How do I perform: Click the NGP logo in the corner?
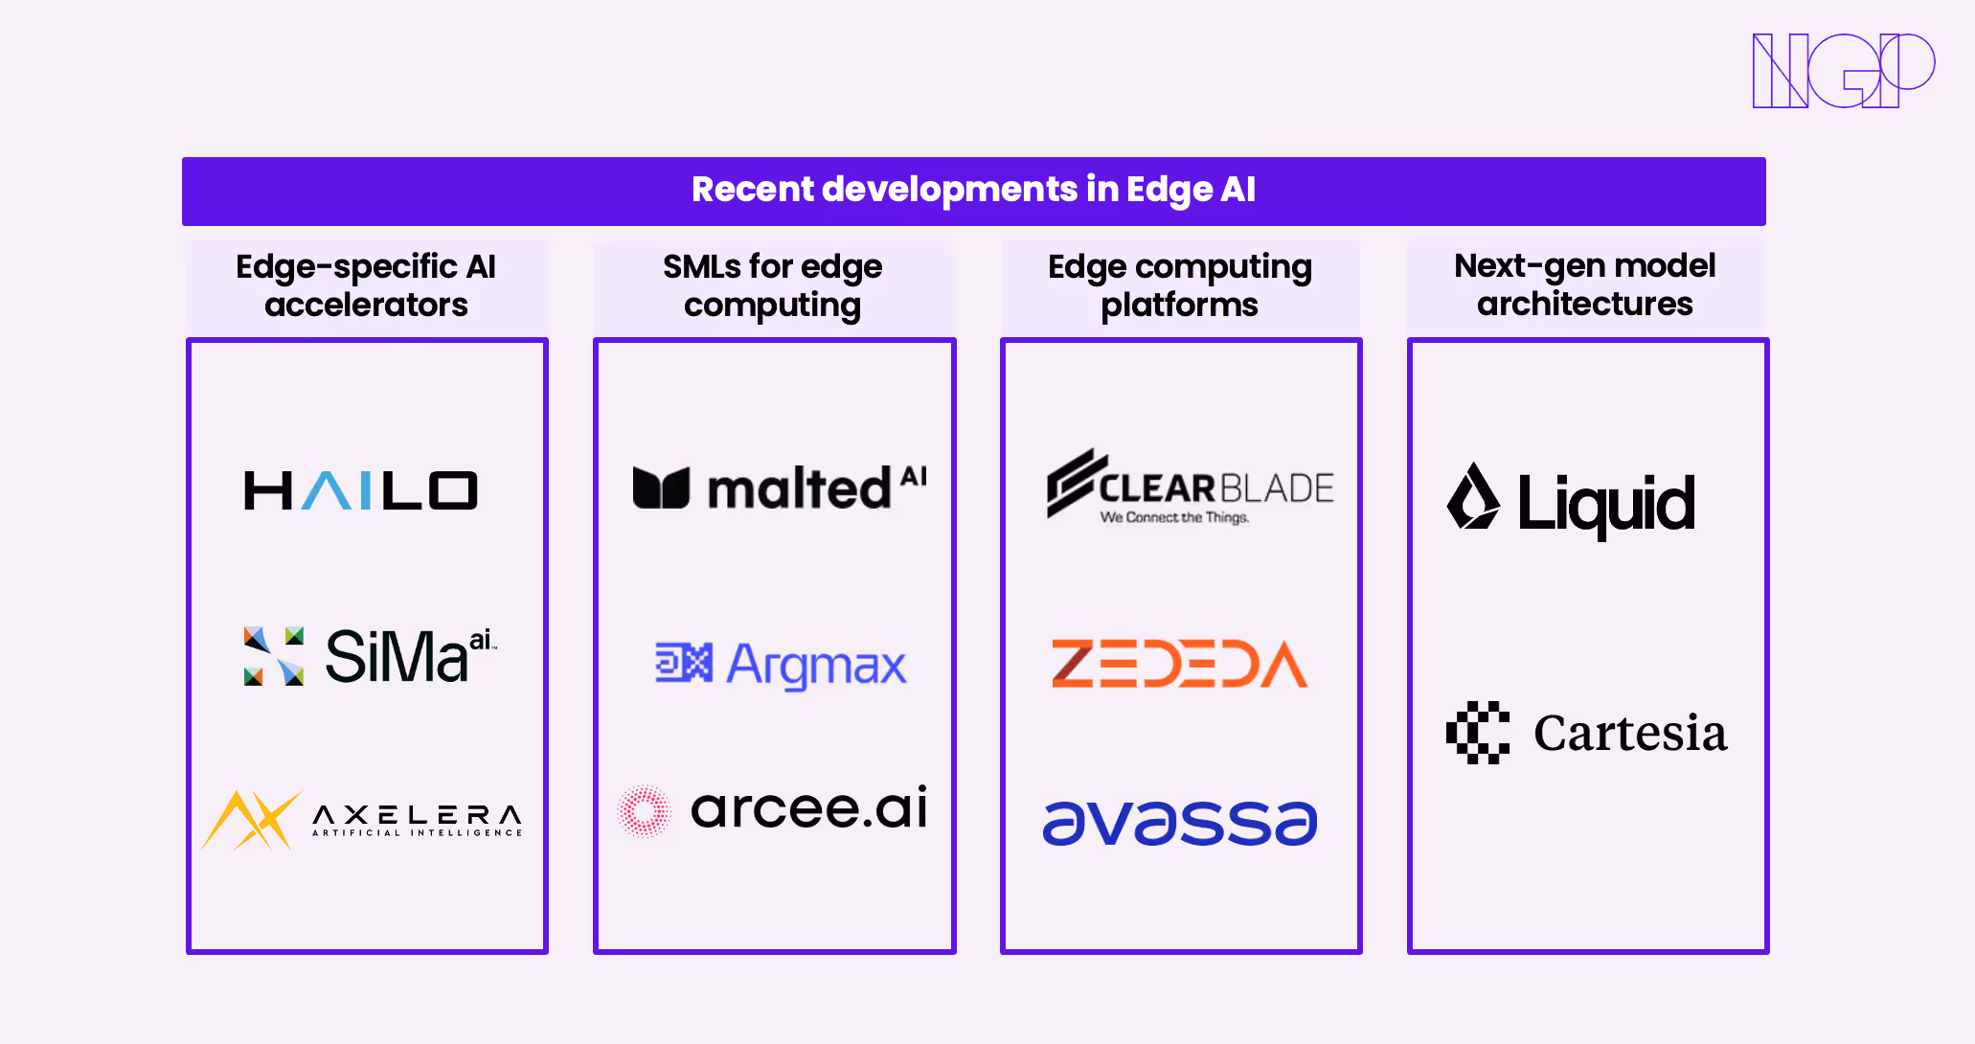[1843, 70]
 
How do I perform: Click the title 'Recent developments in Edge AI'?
[973, 191]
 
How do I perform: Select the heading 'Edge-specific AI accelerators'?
[366, 285]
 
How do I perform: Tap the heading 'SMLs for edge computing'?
[773, 285]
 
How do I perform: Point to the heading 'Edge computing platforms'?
[1180, 285]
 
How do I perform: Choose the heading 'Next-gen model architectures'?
[1585, 284]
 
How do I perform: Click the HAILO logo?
[361, 490]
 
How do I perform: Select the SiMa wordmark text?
[397, 657]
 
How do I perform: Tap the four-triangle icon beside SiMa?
[274, 656]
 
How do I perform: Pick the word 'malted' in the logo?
[799, 489]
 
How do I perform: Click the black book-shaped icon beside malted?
[661, 488]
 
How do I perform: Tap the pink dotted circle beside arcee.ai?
[645, 811]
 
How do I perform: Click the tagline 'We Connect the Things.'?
[1174, 518]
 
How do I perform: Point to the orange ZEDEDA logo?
[1179, 664]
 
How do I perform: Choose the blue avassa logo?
[1180, 823]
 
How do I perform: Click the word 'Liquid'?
[1606, 504]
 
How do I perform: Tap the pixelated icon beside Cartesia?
[1478, 733]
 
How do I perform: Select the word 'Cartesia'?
[1630, 734]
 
